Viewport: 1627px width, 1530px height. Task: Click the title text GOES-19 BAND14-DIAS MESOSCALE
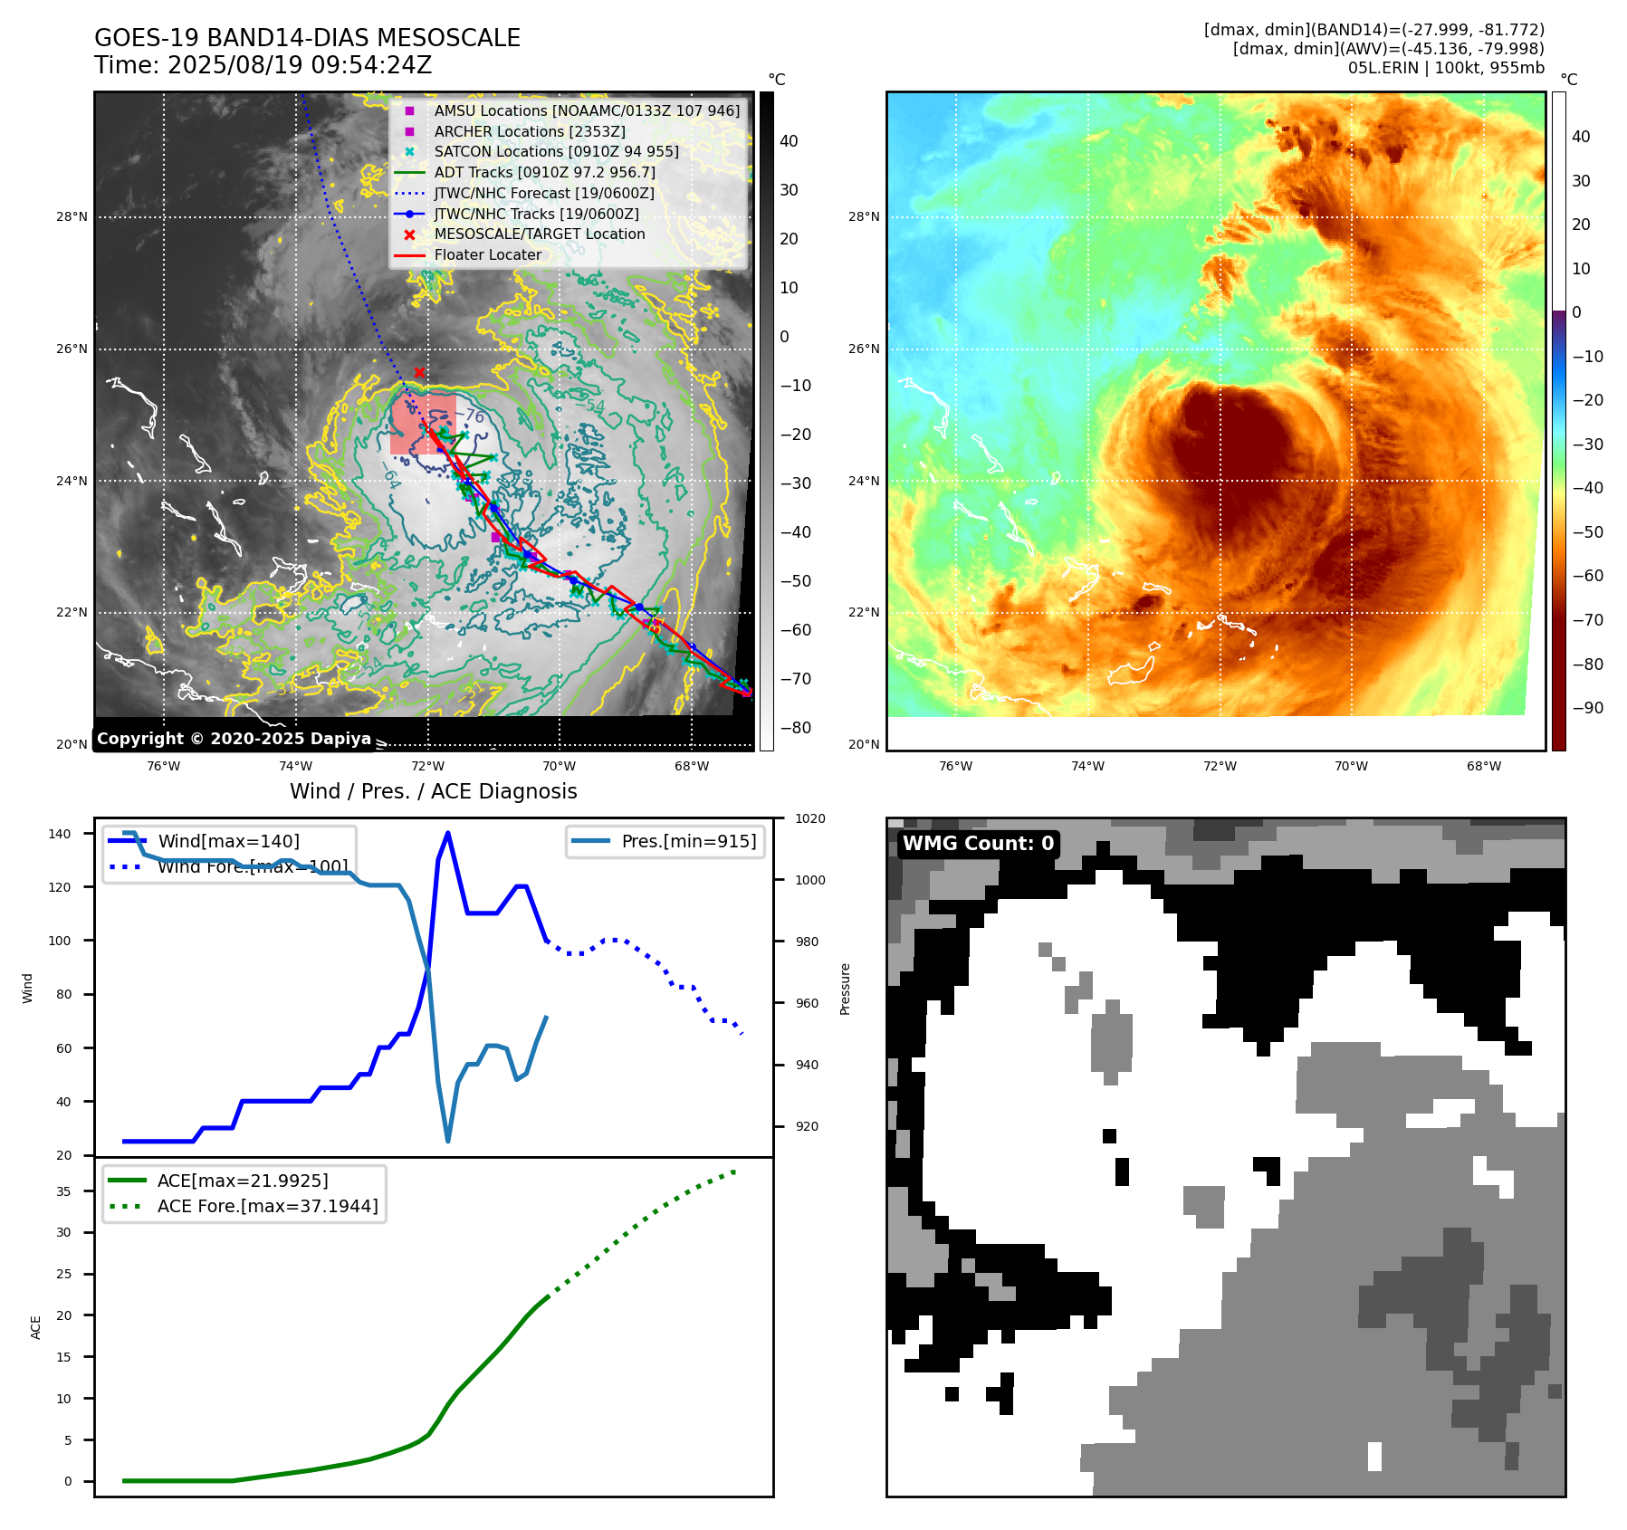tap(307, 38)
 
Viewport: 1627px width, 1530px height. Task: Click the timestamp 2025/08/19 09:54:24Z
tap(300, 65)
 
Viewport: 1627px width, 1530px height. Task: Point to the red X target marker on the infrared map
tap(419, 372)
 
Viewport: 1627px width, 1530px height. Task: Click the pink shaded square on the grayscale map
tap(422, 424)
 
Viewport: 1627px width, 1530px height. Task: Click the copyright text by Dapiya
tap(234, 739)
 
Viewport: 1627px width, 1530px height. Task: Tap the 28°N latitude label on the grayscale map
tap(72, 217)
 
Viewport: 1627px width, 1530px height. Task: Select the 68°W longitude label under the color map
tap(1483, 766)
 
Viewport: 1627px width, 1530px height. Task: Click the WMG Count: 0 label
tap(978, 844)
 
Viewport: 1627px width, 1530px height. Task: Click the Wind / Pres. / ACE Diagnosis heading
tap(433, 791)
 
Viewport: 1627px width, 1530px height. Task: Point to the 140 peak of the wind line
tap(448, 834)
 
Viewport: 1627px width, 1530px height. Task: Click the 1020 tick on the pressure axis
tap(809, 818)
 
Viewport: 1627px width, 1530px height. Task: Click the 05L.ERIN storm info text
tap(1446, 68)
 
